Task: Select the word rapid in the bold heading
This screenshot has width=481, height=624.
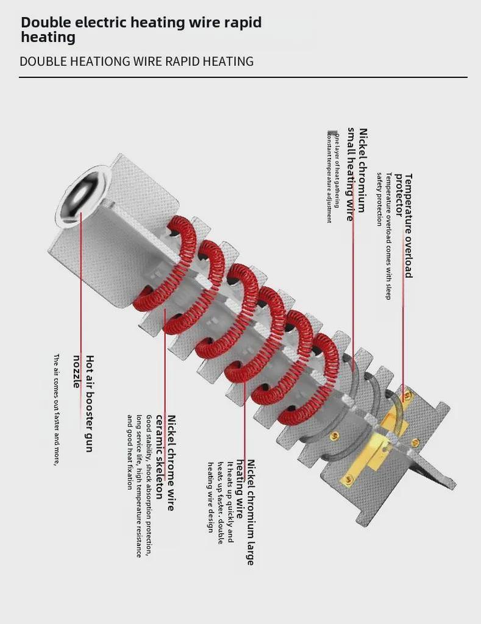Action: pos(241,23)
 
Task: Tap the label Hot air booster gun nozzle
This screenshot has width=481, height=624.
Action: pos(84,402)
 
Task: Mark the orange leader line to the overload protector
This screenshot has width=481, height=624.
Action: pos(402,341)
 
